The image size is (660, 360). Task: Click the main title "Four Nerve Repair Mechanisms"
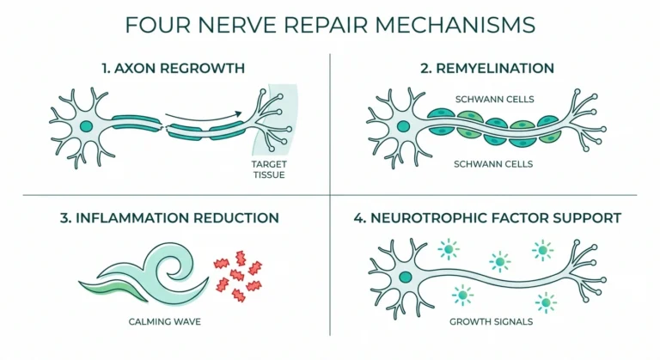coord(330,24)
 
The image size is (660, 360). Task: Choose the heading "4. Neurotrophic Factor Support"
coord(488,218)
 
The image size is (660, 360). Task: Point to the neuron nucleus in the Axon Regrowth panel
coord(86,127)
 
